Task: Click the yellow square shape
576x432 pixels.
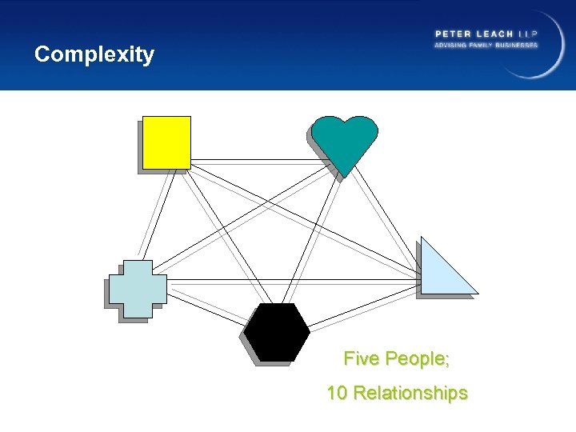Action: [166, 142]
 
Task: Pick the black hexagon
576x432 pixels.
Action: [277, 332]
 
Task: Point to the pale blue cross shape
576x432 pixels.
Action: [138, 289]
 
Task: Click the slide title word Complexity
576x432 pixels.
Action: [94, 54]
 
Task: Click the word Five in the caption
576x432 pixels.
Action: [362, 358]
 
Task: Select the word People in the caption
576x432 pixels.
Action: [417, 358]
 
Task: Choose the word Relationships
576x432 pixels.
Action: [410, 394]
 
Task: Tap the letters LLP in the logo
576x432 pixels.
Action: [529, 34]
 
